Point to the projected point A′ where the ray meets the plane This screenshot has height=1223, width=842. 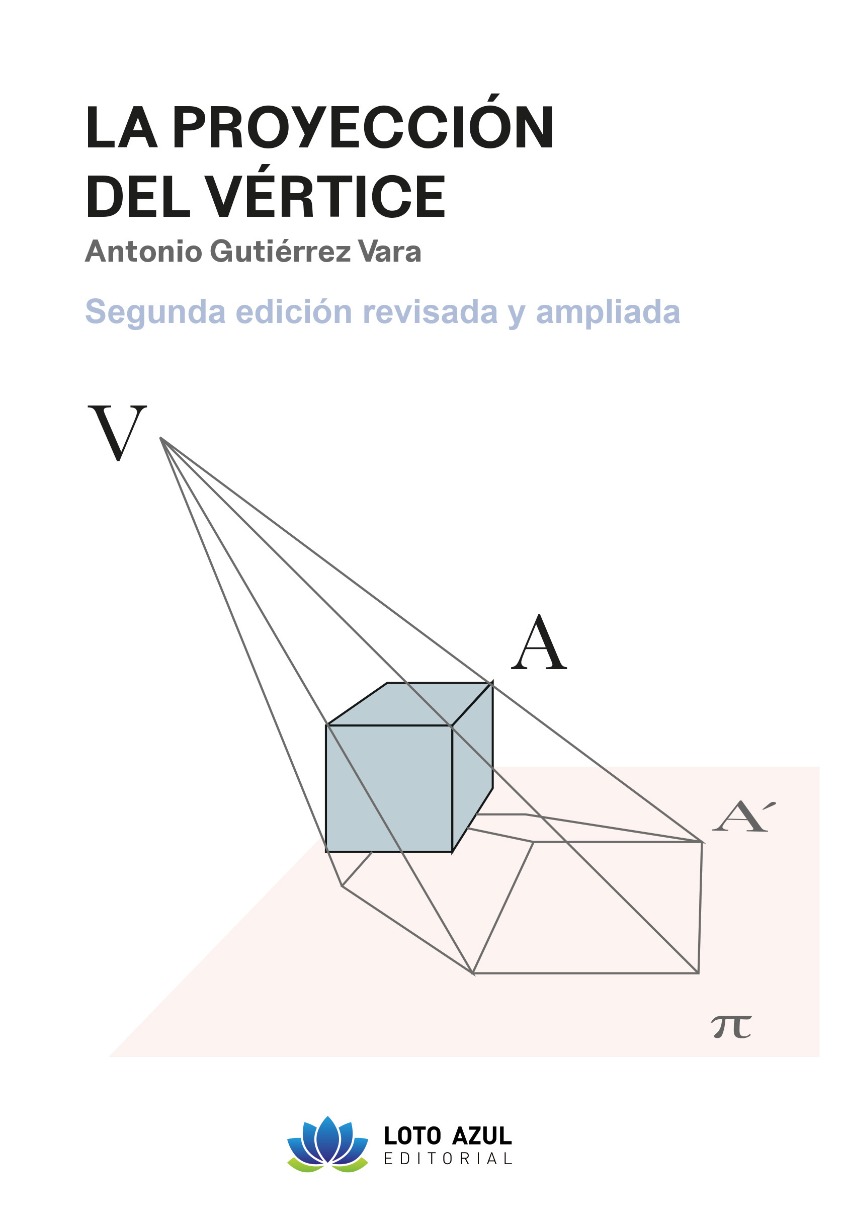click(702, 842)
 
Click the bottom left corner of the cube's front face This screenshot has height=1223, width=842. click(326, 852)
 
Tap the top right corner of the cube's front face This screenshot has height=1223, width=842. click(452, 725)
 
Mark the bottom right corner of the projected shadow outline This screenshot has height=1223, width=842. click(699, 973)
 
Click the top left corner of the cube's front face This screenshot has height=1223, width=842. click(327, 725)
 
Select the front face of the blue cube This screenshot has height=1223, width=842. click(389, 788)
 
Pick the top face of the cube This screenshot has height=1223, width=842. click(410, 704)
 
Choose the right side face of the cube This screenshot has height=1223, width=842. click(472, 767)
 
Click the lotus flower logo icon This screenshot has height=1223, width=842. click(327, 1145)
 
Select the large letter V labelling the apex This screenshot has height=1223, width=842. click(117, 433)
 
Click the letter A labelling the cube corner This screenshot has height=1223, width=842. click(539, 642)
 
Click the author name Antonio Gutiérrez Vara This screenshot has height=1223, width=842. click(253, 252)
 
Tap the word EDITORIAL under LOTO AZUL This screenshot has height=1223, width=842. click(447, 1159)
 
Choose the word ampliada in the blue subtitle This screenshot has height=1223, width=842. click(608, 313)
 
